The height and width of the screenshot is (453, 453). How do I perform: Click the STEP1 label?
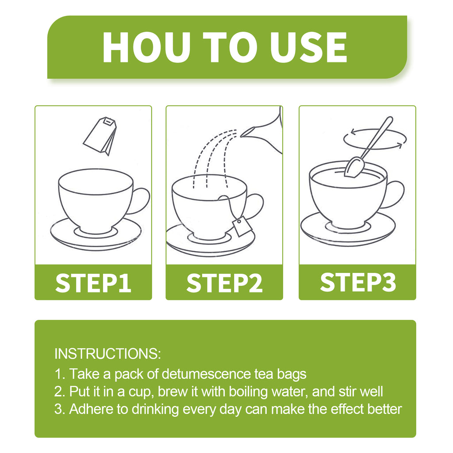93,283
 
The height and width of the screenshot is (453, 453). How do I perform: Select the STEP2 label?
224,283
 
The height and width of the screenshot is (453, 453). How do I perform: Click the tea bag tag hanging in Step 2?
242,227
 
